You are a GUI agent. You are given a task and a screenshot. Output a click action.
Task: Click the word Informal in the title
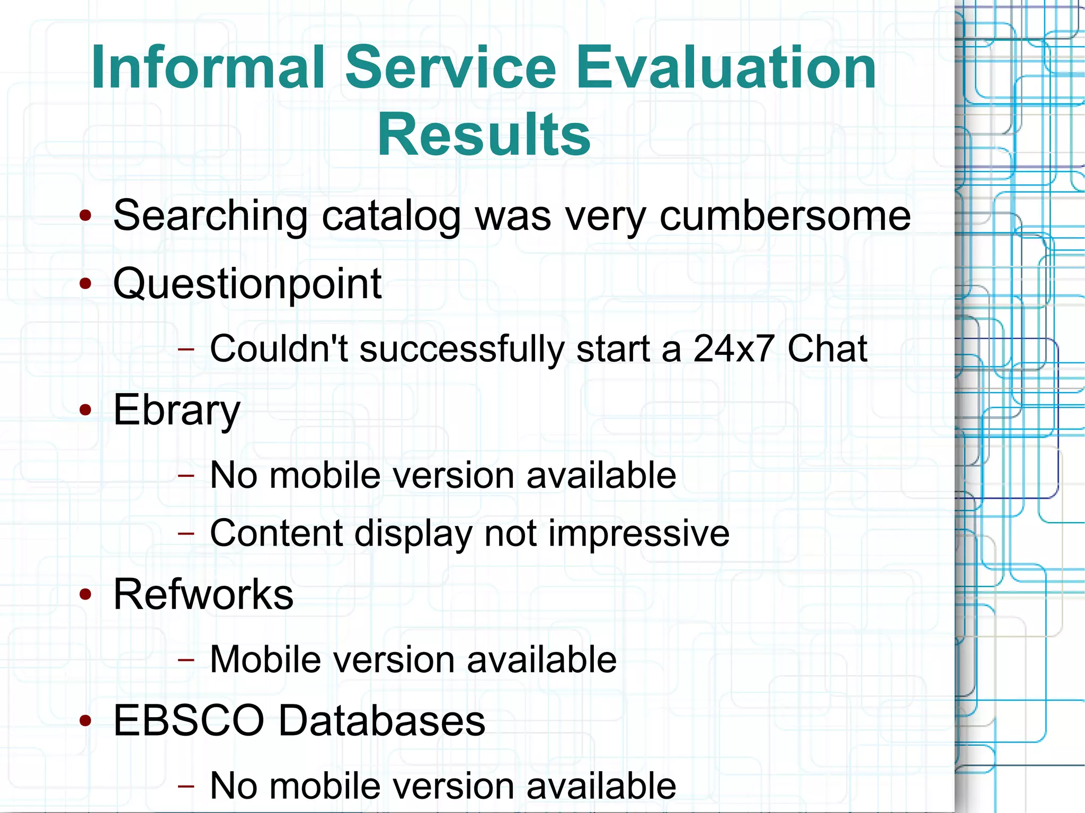tap(208, 67)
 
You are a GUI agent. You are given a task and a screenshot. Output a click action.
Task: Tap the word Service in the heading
tap(450, 67)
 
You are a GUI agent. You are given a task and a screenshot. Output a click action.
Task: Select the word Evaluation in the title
tap(726, 67)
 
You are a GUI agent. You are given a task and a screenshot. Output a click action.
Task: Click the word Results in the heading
tap(484, 135)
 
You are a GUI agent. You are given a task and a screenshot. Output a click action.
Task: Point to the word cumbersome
tap(785, 216)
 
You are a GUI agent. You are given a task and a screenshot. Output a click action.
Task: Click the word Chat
tap(827, 349)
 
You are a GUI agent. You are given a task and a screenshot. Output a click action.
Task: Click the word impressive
tap(639, 533)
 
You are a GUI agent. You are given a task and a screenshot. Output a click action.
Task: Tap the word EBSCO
tap(189, 721)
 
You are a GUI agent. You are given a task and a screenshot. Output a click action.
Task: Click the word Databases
tap(381, 721)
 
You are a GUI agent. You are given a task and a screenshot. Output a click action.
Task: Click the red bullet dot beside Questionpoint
tap(85, 284)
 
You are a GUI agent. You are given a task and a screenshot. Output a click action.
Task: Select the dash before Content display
tap(186, 533)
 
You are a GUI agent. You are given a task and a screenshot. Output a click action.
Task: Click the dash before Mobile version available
tap(186, 659)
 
